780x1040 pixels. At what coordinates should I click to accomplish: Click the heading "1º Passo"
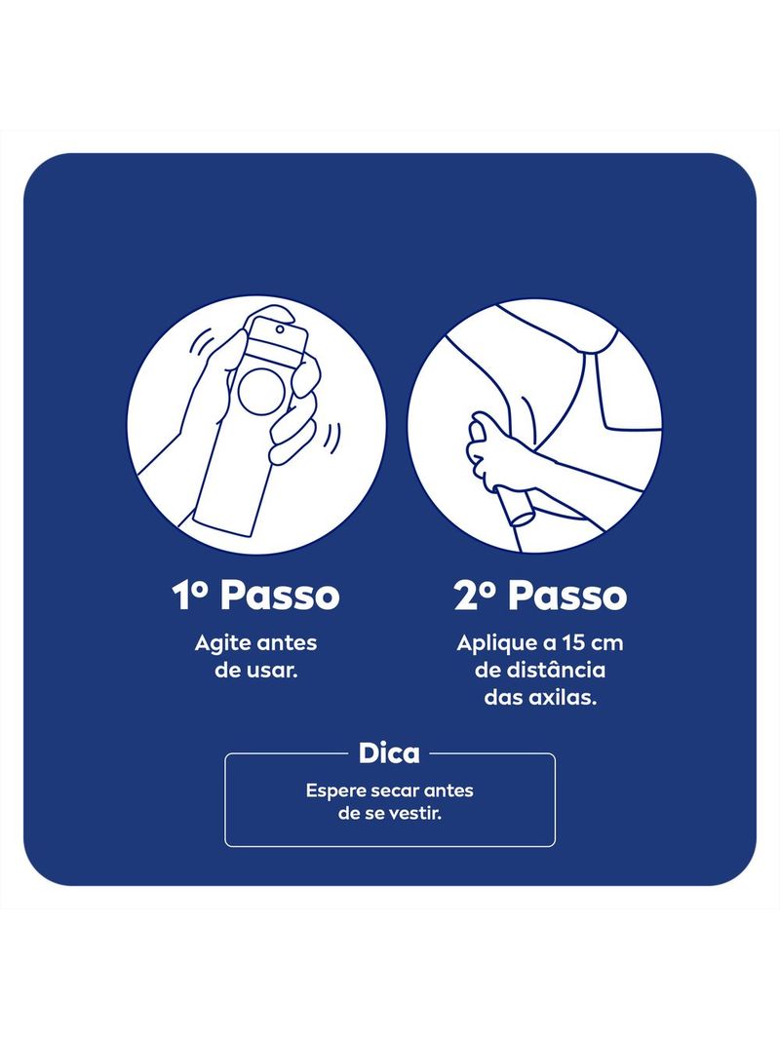tap(255, 596)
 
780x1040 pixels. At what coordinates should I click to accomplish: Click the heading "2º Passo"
tap(540, 596)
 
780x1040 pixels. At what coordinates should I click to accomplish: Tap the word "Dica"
tap(389, 753)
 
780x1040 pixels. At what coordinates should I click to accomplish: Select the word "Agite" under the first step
tap(220, 643)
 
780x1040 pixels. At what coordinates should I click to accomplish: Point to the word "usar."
tap(274, 671)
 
